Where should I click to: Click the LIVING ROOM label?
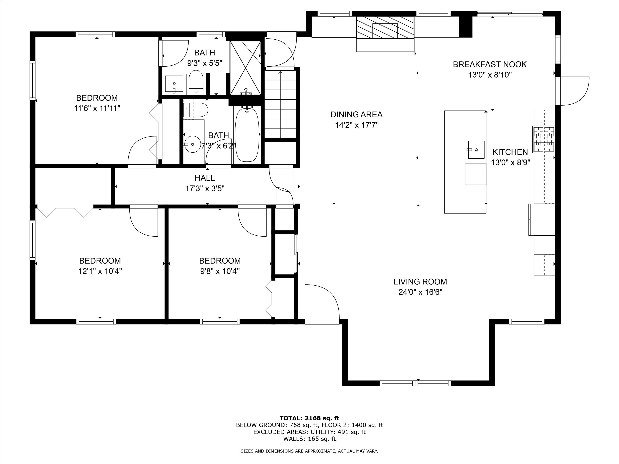point(420,282)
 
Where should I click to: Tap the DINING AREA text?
point(357,114)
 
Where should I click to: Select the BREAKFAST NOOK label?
point(490,65)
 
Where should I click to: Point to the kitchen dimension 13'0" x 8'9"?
point(511,163)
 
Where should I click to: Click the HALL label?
point(205,178)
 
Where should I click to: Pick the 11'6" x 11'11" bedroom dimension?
point(97,108)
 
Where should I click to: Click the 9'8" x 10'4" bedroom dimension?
point(220,271)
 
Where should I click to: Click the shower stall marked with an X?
point(245,68)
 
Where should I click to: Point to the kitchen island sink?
point(476,150)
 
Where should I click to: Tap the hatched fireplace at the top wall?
point(385,27)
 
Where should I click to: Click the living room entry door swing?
point(322,301)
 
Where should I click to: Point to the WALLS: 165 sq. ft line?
point(309,439)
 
